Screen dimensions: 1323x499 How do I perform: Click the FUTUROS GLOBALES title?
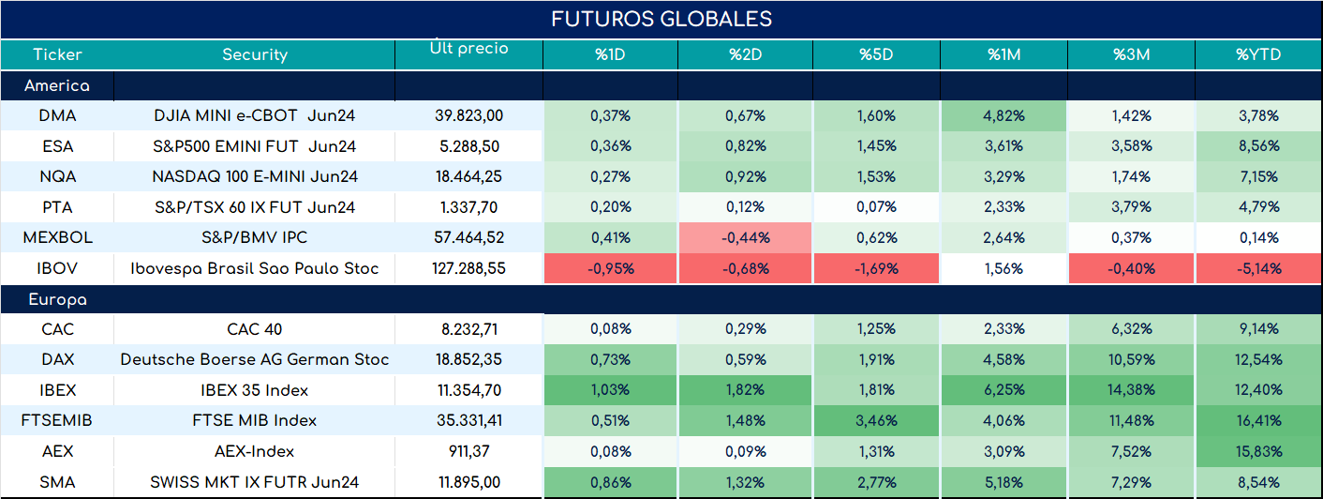pyautogui.click(x=661, y=19)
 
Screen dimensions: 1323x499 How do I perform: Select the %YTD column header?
pyautogui.click(x=1258, y=54)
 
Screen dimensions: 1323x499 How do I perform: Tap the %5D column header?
pyautogui.click(x=876, y=54)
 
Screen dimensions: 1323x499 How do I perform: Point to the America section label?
pyautogui.click(x=57, y=85)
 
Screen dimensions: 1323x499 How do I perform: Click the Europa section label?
pyautogui.click(x=57, y=300)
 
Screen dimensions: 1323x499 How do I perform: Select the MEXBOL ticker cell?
pyautogui.click(x=58, y=237)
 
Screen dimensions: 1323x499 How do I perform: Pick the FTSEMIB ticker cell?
pyautogui.click(x=57, y=420)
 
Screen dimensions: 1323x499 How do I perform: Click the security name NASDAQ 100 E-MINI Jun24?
pyautogui.click(x=255, y=176)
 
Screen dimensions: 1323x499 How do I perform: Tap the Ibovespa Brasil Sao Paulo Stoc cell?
pyautogui.click(x=255, y=268)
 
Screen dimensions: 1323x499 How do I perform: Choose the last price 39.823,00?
pyautogui.click(x=469, y=115)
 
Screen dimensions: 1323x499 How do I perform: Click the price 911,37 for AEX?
pyautogui.click(x=469, y=451)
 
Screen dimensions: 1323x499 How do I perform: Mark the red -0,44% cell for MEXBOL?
pyautogui.click(x=746, y=237)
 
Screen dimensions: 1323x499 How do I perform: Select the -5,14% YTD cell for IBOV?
pyautogui.click(x=1259, y=268)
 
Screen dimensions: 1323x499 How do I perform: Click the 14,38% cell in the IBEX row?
pyautogui.click(x=1131, y=389)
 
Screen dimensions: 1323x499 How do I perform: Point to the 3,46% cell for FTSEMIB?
pyautogui.click(x=876, y=420)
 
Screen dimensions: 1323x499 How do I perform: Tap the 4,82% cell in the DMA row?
pyautogui.click(x=1003, y=115)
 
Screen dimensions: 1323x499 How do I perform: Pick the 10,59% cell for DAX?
pyautogui.click(x=1131, y=359)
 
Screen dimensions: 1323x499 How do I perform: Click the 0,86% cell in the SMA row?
pyautogui.click(x=610, y=482)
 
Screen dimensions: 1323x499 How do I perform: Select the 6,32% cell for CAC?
pyautogui.click(x=1131, y=328)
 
